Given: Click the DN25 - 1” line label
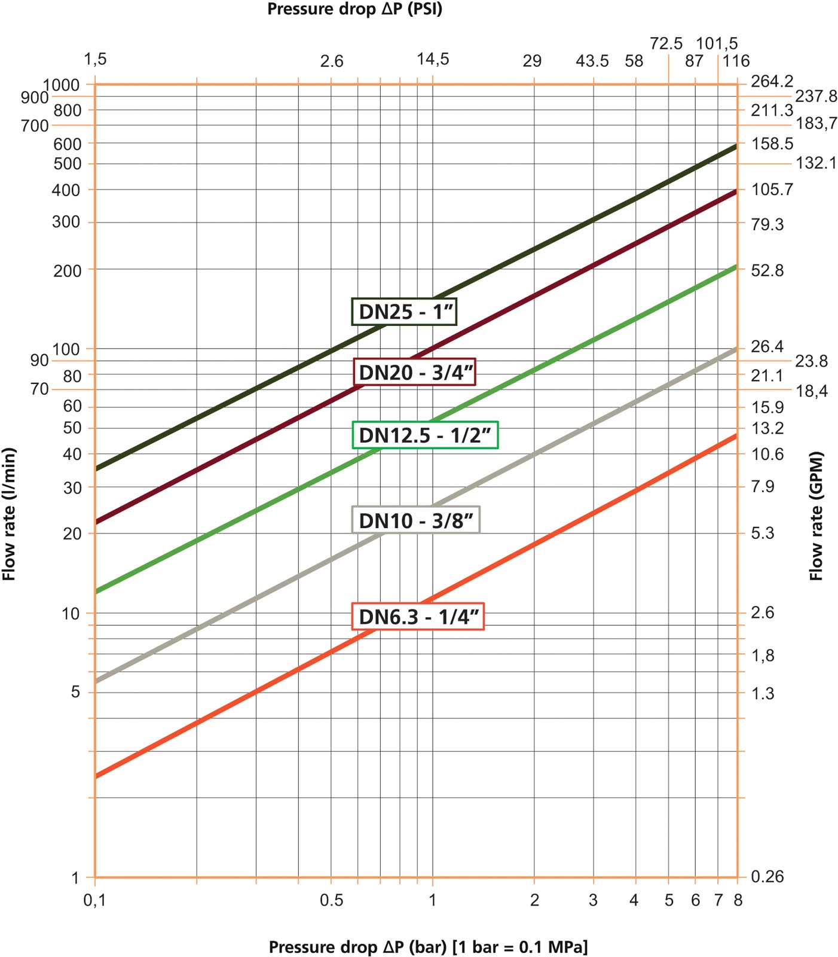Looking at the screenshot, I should [405, 312].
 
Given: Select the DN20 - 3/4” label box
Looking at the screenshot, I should [415, 372].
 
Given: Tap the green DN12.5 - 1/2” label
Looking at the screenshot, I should [425, 435].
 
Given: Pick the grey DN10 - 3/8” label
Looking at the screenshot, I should [415, 520].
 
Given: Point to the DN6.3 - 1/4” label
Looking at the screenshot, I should [418, 616].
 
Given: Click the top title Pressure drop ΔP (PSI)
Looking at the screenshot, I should [354, 10].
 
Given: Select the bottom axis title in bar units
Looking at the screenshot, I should [428, 947].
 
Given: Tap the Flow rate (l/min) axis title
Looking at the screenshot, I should [9, 514].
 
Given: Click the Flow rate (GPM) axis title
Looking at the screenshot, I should [816, 516].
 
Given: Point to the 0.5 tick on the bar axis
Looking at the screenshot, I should [331, 900].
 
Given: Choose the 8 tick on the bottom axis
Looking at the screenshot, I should [738, 900].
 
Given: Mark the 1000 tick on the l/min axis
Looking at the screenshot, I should [61, 85].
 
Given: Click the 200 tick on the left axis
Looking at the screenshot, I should [67, 271].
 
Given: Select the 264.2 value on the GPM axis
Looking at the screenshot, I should [772, 81].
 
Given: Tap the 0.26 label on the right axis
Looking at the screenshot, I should [767, 877].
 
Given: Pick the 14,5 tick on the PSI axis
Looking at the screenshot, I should [433, 59].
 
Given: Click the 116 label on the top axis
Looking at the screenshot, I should [736, 61].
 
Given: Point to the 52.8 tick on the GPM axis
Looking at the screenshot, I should [767, 271].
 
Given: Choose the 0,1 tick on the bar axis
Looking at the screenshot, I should [94, 900].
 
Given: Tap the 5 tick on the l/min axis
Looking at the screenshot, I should [75, 693].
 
